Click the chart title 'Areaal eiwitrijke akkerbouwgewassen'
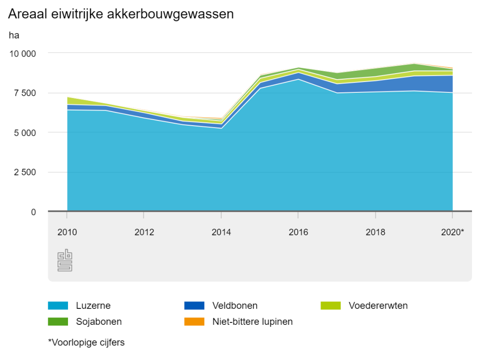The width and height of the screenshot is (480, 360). pos(121,15)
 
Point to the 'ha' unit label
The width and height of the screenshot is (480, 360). pos(14,35)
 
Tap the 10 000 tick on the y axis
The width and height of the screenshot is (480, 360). pos(22,53)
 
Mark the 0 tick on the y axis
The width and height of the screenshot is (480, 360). pos(33,212)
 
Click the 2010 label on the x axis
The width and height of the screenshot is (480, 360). pos(67,232)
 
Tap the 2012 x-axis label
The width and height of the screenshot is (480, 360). pos(144,232)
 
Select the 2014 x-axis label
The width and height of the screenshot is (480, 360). pos(221,232)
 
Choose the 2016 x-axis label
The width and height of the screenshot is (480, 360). pos(298,232)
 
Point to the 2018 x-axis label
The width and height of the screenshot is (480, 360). pos(375,232)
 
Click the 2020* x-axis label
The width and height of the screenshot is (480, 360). pos(452,232)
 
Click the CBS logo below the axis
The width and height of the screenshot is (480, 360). pos(65,260)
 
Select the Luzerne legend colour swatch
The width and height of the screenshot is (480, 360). pos(58,306)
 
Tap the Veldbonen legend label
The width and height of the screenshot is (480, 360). pos(235,306)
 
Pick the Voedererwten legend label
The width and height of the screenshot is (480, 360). pos(378,306)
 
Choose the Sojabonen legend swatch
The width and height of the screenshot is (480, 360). pos(58,322)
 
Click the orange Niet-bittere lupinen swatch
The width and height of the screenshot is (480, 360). pos(195,322)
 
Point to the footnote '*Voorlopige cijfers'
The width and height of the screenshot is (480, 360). pos(86,343)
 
